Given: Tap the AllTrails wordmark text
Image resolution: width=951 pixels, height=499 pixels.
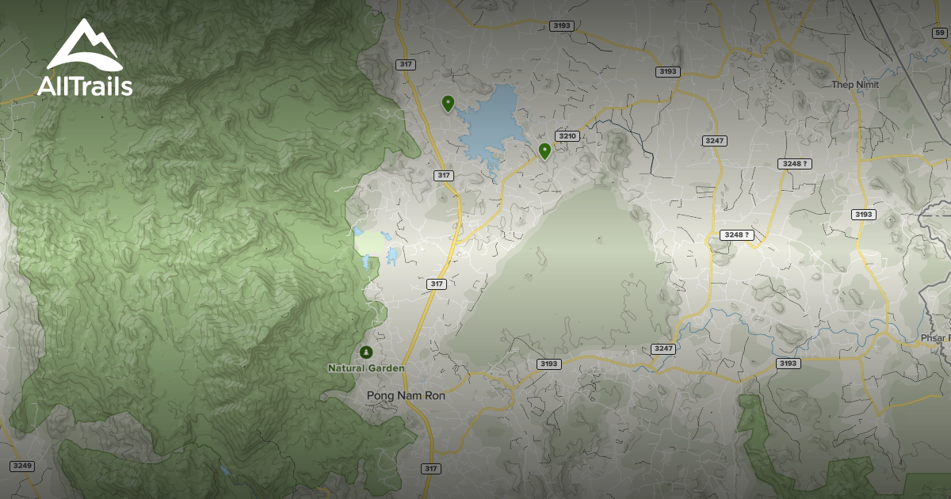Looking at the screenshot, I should point(85,86).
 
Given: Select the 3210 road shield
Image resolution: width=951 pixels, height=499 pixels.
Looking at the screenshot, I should point(567,136).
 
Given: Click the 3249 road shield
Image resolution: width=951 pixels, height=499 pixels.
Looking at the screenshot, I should point(22,465).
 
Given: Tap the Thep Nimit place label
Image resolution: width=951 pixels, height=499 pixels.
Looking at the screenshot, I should point(856,85).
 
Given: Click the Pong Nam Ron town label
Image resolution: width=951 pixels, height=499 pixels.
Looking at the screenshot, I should point(406,395).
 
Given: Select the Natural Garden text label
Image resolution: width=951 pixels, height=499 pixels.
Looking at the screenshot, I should point(366,368).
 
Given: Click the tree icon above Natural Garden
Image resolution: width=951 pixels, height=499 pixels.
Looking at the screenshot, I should point(365,351).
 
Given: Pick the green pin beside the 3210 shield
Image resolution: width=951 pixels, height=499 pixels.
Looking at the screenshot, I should point(544,150).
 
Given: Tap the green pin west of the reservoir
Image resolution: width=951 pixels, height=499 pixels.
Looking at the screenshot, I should point(448,102).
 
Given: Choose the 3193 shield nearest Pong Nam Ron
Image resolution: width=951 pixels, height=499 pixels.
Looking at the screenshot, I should point(548,364).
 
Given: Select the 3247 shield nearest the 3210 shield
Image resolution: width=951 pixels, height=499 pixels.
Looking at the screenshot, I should point(714,140).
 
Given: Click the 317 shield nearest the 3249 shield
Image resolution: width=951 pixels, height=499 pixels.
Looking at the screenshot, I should point(431,468).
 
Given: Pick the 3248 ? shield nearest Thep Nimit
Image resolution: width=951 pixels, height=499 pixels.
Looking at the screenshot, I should point(795,164).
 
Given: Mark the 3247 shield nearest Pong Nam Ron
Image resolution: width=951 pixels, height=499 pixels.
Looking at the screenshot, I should point(663,349).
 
